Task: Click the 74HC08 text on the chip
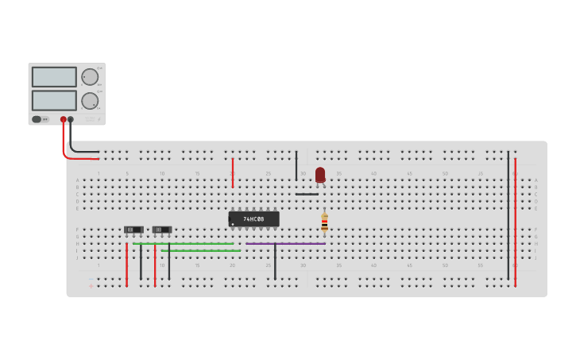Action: pos(253,219)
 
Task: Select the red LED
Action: pos(320,175)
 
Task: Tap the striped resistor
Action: pos(324,222)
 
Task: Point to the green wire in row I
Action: pos(200,250)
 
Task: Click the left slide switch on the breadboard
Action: pos(133,230)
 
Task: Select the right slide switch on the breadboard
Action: pos(162,230)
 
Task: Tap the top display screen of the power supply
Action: pos(54,77)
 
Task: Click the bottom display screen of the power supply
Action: pos(54,100)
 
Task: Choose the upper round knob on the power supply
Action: pos(90,77)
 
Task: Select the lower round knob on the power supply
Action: pos(90,101)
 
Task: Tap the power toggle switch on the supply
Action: pos(37,119)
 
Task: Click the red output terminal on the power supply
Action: pos(64,119)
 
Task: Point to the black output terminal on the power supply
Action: pos(71,119)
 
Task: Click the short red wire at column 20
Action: pos(233,172)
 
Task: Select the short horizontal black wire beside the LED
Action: pos(307,194)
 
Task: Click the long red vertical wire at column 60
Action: pos(515,223)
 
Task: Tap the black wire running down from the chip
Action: pos(275,262)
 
